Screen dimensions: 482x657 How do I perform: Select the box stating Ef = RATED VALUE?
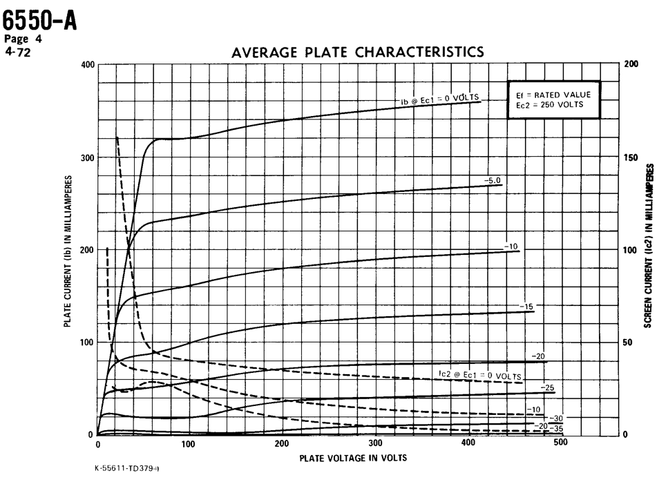coord(554,99)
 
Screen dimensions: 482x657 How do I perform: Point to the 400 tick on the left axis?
coord(87,65)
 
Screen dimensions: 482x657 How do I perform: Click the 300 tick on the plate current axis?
coord(87,157)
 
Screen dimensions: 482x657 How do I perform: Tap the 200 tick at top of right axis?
coord(631,64)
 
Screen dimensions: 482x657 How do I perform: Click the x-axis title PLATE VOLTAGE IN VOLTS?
coord(353,459)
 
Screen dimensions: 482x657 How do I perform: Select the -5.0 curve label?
coord(493,180)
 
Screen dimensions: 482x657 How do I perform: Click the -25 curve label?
coord(549,387)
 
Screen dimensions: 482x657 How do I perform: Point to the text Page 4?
coord(23,39)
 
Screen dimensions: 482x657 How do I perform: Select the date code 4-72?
coord(15,50)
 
